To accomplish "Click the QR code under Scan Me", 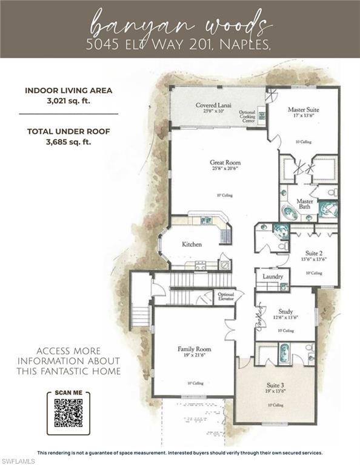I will pyautogui.click(x=68, y=414).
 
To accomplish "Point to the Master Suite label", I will pyautogui.click(x=303, y=110).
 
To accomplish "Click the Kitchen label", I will pyautogui.click(x=192, y=244).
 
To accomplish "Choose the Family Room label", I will pyautogui.click(x=194, y=349).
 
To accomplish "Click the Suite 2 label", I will pyautogui.click(x=313, y=252).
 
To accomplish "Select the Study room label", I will pyautogui.click(x=285, y=312).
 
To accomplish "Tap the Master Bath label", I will pyautogui.click(x=304, y=204).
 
